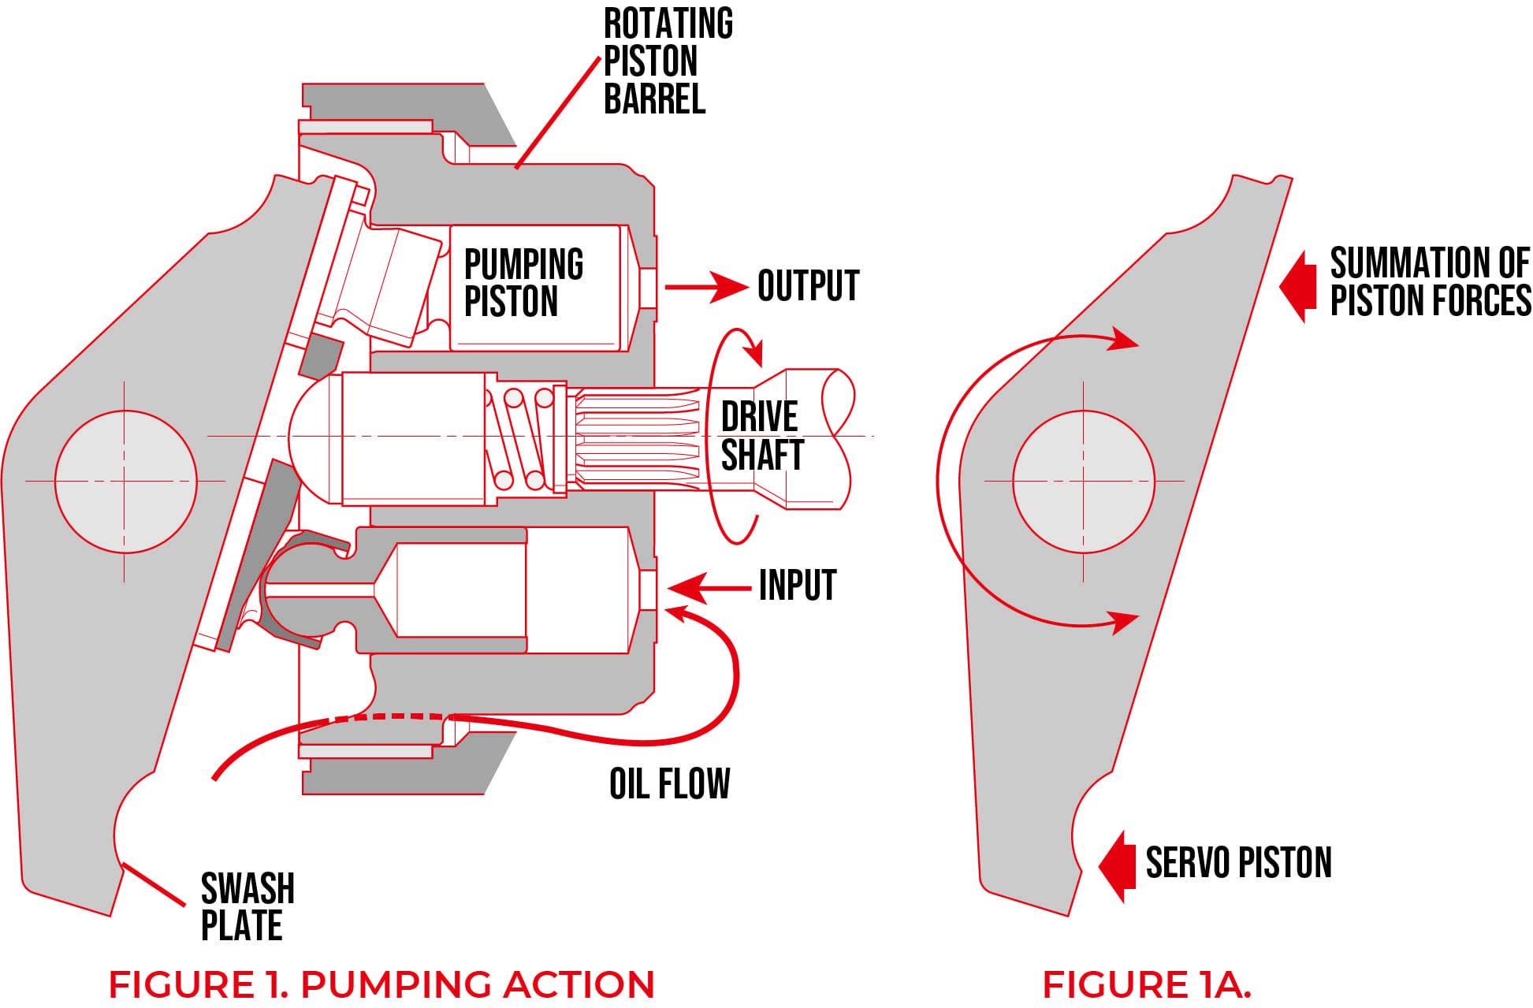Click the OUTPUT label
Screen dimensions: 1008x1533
pos(808,285)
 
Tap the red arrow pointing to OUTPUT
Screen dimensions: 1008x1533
pos(705,287)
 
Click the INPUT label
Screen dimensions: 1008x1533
pos(797,586)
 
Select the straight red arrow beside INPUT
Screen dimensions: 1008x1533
pos(709,588)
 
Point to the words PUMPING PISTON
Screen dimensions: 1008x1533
pos(523,282)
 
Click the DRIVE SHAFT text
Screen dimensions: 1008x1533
pos(761,436)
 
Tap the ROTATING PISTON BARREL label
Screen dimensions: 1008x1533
pos(667,61)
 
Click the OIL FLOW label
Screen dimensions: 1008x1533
pos(669,784)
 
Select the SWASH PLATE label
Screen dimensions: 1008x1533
pos(247,906)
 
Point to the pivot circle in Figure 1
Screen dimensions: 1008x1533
pos(125,481)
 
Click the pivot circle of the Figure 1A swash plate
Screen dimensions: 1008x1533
pos(1083,481)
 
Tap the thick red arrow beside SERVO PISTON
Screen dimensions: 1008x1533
pos(1118,865)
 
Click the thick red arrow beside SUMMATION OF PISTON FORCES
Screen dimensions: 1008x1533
pos(1299,286)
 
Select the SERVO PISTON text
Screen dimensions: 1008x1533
pos(1237,862)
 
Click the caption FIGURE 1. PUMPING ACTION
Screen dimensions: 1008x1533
pos(381,984)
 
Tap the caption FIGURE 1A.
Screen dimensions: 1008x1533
pos(1146,984)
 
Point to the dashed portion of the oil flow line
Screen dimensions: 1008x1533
pos(386,716)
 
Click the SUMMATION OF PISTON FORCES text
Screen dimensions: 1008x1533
pos(1429,282)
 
